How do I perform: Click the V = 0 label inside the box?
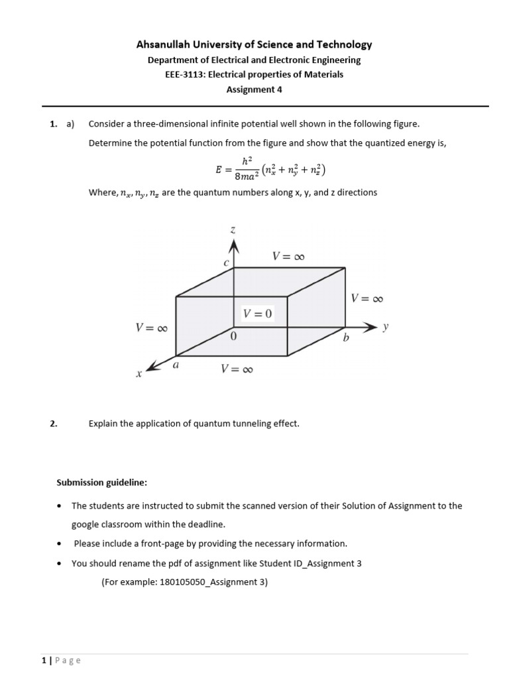click(258, 314)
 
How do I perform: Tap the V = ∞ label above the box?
click(288, 256)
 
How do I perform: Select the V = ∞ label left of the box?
click(152, 328)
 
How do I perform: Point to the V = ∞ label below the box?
click(237, 369)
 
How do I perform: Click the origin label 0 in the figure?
click(233, 337)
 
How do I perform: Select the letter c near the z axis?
click(226, 263)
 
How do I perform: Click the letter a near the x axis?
click(176, 364)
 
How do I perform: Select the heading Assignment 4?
click(254, 90)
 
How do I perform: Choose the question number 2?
click(54, 423)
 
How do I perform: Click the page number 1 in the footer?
click(43, 660)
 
